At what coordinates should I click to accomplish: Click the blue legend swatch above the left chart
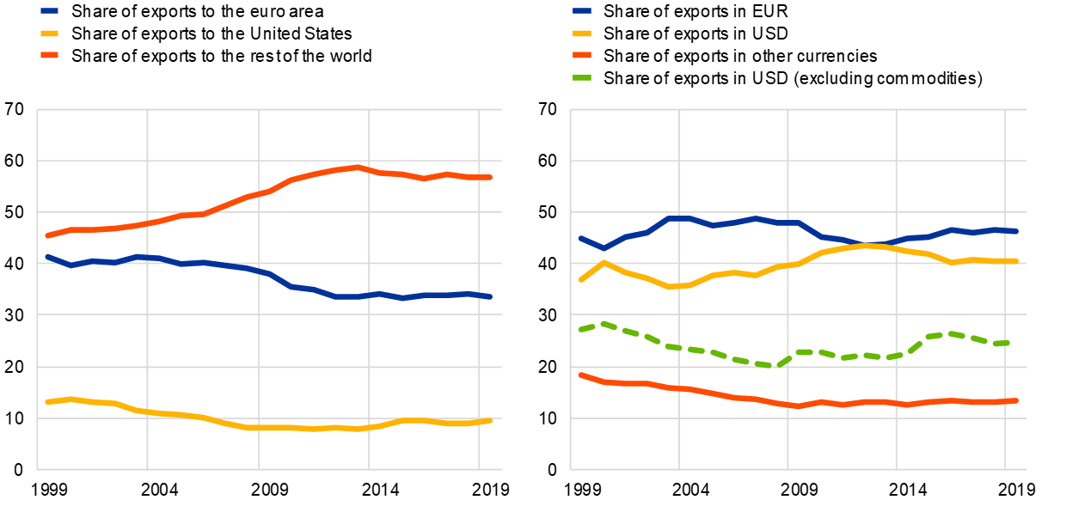pos(50,11)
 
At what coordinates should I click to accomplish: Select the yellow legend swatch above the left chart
pos(50,34)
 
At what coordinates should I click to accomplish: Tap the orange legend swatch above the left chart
pos(50,55)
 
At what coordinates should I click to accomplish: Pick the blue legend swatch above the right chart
pos(582,11)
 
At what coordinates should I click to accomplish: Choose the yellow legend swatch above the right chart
pos(582,34)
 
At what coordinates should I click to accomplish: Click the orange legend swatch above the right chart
pos(582,55)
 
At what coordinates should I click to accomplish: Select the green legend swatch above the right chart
pos(582,77)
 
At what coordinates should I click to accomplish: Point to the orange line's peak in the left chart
pos(357,167)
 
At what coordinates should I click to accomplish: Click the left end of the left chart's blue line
pos(47,256)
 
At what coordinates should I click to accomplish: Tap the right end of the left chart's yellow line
pos(490,420)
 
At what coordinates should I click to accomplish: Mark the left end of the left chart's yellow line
pos(47,402)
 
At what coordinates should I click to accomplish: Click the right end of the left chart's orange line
pos(490,177)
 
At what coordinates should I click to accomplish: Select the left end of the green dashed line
pos(581,329)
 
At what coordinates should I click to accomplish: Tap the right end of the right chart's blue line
pos(1016,231)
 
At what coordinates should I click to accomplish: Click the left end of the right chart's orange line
pos(581,375)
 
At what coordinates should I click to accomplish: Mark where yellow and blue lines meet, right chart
pos(877,245)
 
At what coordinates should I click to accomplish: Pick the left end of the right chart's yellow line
pos(581,280)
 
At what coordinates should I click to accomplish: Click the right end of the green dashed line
pos(1007,343)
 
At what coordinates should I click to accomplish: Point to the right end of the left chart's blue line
pos(490,297)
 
